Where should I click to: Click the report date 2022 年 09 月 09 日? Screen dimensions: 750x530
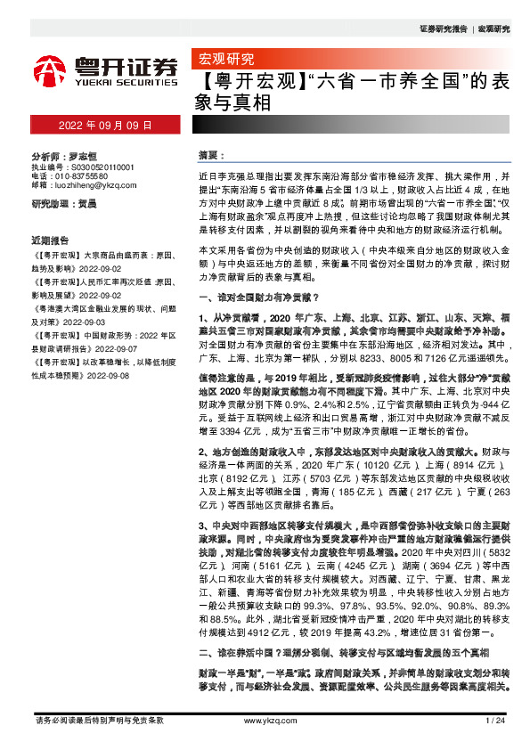pos(105,126)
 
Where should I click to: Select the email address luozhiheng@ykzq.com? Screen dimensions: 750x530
pos(94,186)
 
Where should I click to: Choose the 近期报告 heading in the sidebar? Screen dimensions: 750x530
pos(50,240)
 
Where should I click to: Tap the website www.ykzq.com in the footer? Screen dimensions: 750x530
pos(265,720)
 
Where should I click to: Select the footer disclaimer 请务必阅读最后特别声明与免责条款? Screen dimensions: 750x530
pos(98,720)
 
